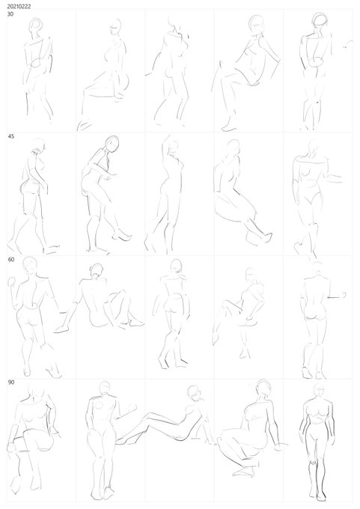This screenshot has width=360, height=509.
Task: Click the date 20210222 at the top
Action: click(x=19, y=6)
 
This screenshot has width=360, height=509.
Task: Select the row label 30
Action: click(x=10, y=14)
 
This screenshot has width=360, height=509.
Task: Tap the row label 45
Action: click(x=11, y=136)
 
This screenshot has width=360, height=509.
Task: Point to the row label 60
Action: click(x=11, y=260)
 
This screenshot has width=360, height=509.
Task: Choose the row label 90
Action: click(x=11, y=382)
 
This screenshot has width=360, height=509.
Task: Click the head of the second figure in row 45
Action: click(x=112, y=144)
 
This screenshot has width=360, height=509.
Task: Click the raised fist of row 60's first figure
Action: click(x=12, y=281)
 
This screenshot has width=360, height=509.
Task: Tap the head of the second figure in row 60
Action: click(x=97, y=270)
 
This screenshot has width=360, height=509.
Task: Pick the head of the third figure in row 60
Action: click(x=177, y=266)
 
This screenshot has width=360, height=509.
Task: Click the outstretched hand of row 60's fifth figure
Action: click(x=342, y=295)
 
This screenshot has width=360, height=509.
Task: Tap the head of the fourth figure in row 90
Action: click(x=264, y=387)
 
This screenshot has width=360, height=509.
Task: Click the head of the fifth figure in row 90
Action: click(x=320, y=391)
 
